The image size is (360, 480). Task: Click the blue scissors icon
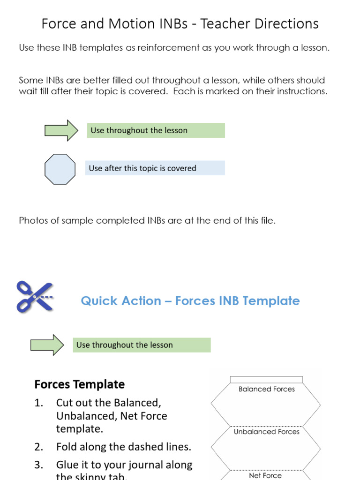[34, 297]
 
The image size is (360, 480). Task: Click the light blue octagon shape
[60, 169]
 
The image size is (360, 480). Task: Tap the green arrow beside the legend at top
[61, 130]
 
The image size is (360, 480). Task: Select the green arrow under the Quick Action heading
[47, 345]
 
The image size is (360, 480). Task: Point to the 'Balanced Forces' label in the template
[266, 389]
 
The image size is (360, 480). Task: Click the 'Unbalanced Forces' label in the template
[266, 432]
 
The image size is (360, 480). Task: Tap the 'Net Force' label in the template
[265, 475]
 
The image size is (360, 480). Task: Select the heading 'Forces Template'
[80, 384]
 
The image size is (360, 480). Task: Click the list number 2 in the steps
[39, 447]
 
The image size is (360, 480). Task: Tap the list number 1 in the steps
[39, 403]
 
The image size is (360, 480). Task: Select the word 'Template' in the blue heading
[274, 301]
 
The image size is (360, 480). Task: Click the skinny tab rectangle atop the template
[266, 380]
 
